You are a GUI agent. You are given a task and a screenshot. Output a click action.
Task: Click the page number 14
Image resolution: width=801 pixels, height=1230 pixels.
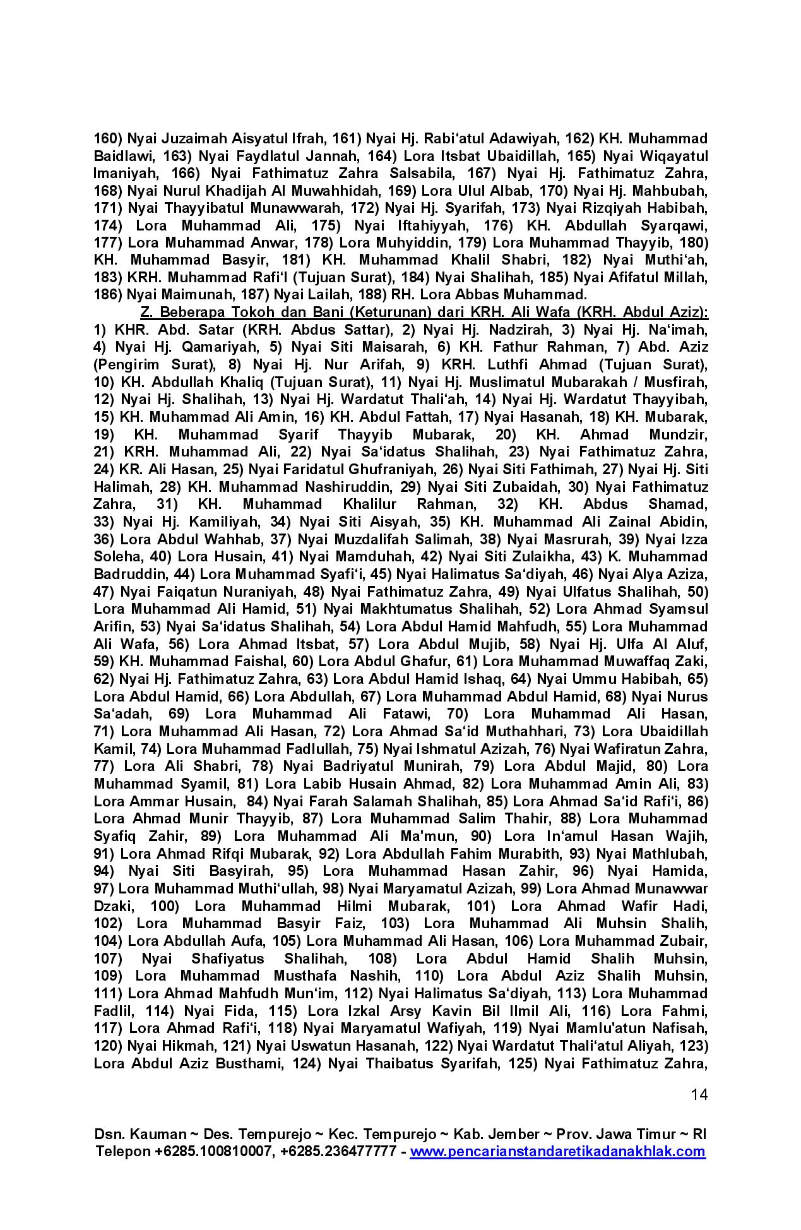699,1094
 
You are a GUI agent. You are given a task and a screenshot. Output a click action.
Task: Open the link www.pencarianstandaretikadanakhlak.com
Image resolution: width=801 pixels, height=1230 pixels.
557,1151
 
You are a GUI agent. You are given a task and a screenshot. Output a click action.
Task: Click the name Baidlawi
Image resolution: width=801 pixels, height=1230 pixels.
124,156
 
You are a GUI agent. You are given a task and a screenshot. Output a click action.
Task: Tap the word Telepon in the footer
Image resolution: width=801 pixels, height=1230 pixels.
122,1151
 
